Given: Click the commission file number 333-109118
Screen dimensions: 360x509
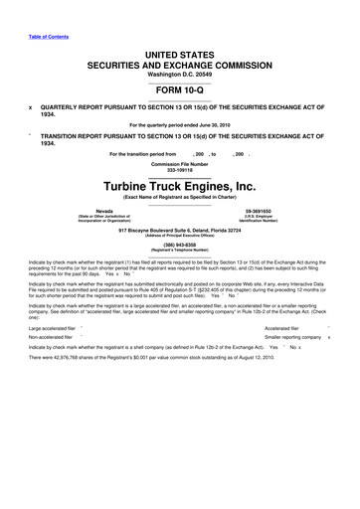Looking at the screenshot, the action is point(180,171).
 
